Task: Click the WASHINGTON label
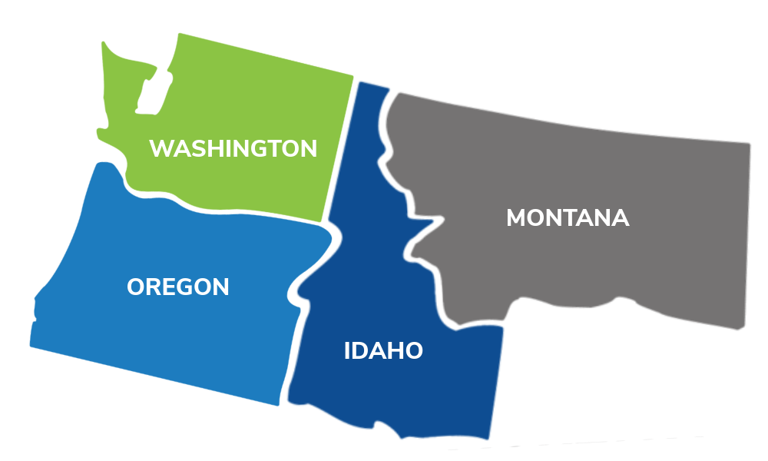(233, 148)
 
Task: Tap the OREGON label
(177, 287)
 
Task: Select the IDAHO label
(382, 351)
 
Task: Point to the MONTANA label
(568, 218)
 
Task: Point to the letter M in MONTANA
(517, 218)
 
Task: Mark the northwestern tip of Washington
(105, 45)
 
